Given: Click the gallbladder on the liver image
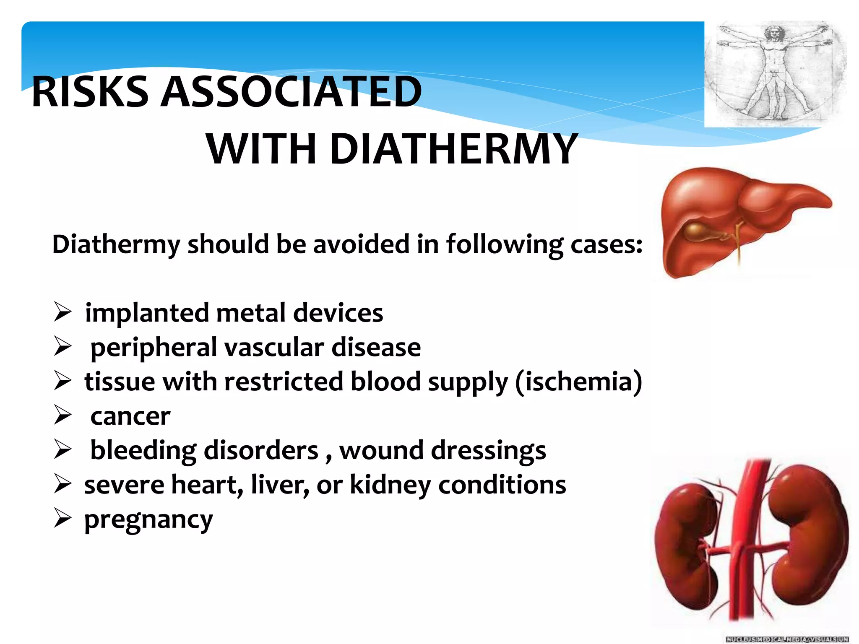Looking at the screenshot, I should pos(696,230).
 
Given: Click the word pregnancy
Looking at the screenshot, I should pos(148,520).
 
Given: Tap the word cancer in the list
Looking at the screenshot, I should pos(130,416).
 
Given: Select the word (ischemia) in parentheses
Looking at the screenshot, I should pos(578,382).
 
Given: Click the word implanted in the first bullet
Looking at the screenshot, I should pos(147,313).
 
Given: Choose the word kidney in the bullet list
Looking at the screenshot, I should pos(390,486).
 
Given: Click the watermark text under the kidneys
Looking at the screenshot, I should pos(787,639).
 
